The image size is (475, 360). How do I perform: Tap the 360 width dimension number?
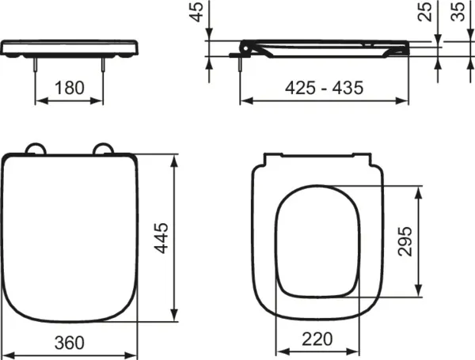[71, 342]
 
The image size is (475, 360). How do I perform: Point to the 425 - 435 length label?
[325, 88]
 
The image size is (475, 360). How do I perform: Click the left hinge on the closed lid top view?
[36, 150]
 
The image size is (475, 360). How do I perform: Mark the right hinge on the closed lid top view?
[104, 150]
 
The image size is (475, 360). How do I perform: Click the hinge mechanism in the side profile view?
[245, 49]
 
